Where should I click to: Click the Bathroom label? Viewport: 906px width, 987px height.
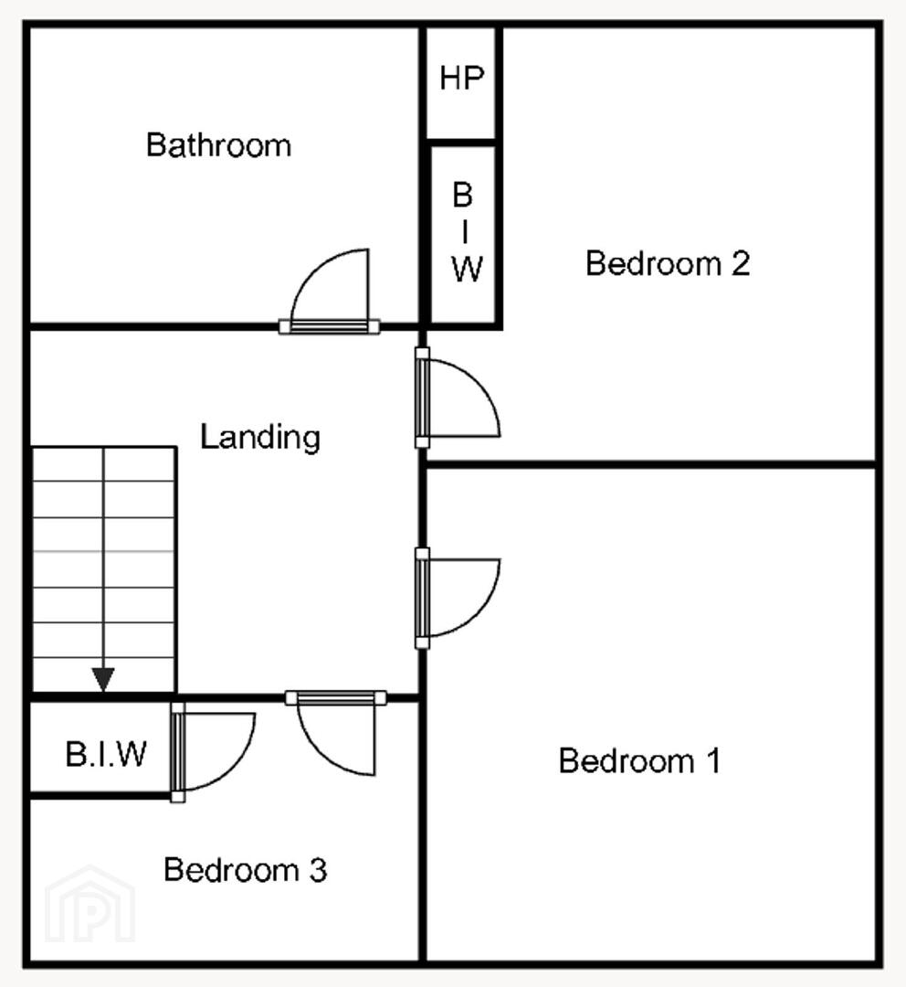(x=219, y=145)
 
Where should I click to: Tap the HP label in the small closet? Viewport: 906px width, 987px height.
(x=462, y=78)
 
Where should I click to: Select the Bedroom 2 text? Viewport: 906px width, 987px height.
(x=668, y=263)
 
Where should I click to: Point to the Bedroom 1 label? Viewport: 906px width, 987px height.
(x=639, y=760)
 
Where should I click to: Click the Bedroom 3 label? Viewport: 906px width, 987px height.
(x=246, y=870)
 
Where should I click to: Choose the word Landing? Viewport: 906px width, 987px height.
(x=260, y=438)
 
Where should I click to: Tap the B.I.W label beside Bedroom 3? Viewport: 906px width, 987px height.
(x=106, y=753)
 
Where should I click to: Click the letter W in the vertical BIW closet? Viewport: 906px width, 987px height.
(x=467, y=269)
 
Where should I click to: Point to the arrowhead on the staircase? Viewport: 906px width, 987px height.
(x=103, y=679)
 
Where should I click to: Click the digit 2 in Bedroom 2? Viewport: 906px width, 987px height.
(x=742, y=263)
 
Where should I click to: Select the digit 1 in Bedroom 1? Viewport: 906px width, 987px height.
(x=713, y=760)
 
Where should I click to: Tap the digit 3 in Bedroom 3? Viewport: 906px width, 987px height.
(x=319, y=870)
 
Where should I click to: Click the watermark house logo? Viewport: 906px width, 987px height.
(x=90, y=904)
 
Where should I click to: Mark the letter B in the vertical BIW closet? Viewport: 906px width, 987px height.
(x=462, y=196)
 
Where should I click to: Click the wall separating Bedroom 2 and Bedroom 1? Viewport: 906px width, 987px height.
(x=651, y=465)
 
